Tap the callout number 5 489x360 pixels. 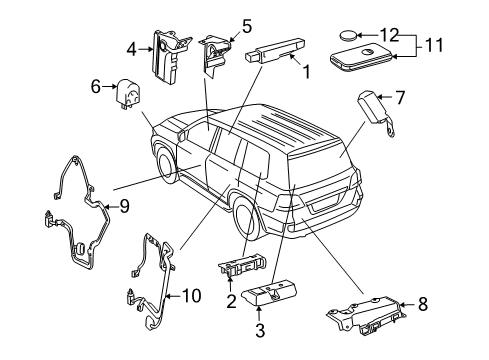246,24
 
